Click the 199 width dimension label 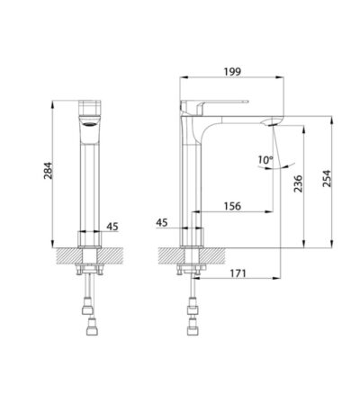pos(232,72)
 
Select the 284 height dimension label pos(48,171)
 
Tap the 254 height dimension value pos(327,179)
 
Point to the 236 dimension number pos(298,183)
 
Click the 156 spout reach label pos(232,206)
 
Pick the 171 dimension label pos(238,273)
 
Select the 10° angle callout pos(265,159)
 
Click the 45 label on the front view pos(112,227)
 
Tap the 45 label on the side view pos(162,223)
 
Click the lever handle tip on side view pos(247,102)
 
